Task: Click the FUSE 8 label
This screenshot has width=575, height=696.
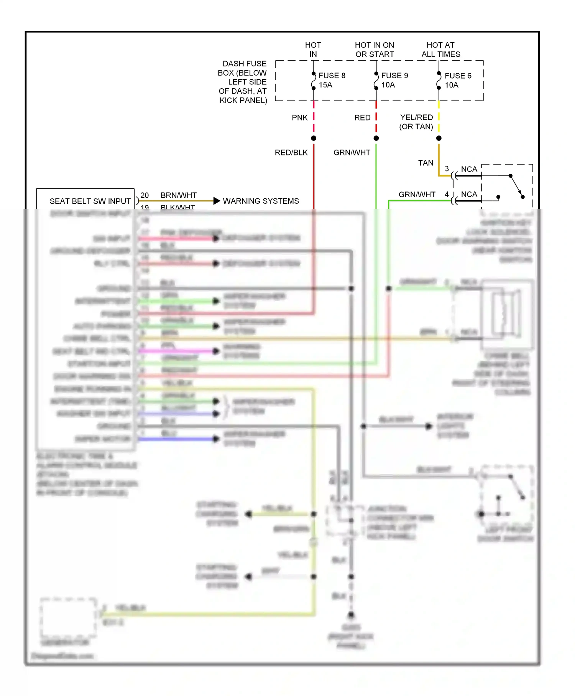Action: (332, 76)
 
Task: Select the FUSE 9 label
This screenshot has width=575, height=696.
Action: (394, 76)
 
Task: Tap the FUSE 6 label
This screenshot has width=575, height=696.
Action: (458, 76)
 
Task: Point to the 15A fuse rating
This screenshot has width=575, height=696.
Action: (325, 85)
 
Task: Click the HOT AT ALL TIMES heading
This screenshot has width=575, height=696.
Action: (441, 49)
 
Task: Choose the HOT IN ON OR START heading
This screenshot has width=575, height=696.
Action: (375, 49)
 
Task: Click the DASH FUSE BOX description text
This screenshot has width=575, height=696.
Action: (243, 82)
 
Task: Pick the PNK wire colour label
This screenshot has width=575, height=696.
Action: (300, 117)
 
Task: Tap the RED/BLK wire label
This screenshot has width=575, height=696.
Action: (291, 152)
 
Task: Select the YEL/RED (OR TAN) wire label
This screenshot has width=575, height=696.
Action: (416, 122)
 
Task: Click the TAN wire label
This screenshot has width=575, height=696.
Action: (426, 163)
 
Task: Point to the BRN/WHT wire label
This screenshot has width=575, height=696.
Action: (179, 195)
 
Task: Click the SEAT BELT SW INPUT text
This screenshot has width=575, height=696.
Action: (90, 201)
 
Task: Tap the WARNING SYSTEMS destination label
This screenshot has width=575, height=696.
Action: (261, 201)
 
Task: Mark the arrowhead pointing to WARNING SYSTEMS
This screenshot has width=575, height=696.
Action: (217, 201)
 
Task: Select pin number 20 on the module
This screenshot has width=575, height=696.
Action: (145, 195)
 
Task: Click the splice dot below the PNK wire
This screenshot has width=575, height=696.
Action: (314, 138)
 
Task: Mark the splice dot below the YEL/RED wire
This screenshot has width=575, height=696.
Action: (439, 138)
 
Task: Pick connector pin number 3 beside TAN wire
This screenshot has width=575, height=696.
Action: (447, 168)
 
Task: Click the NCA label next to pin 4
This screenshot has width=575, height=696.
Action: (469, 194)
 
